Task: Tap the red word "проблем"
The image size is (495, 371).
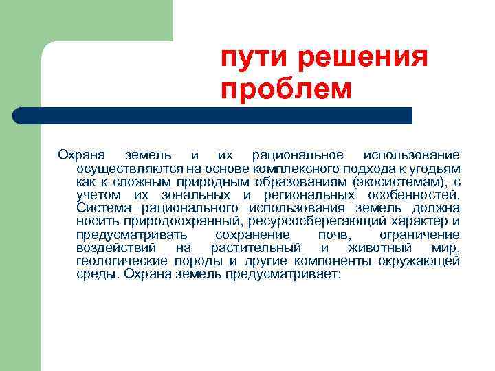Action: (285, 89)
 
